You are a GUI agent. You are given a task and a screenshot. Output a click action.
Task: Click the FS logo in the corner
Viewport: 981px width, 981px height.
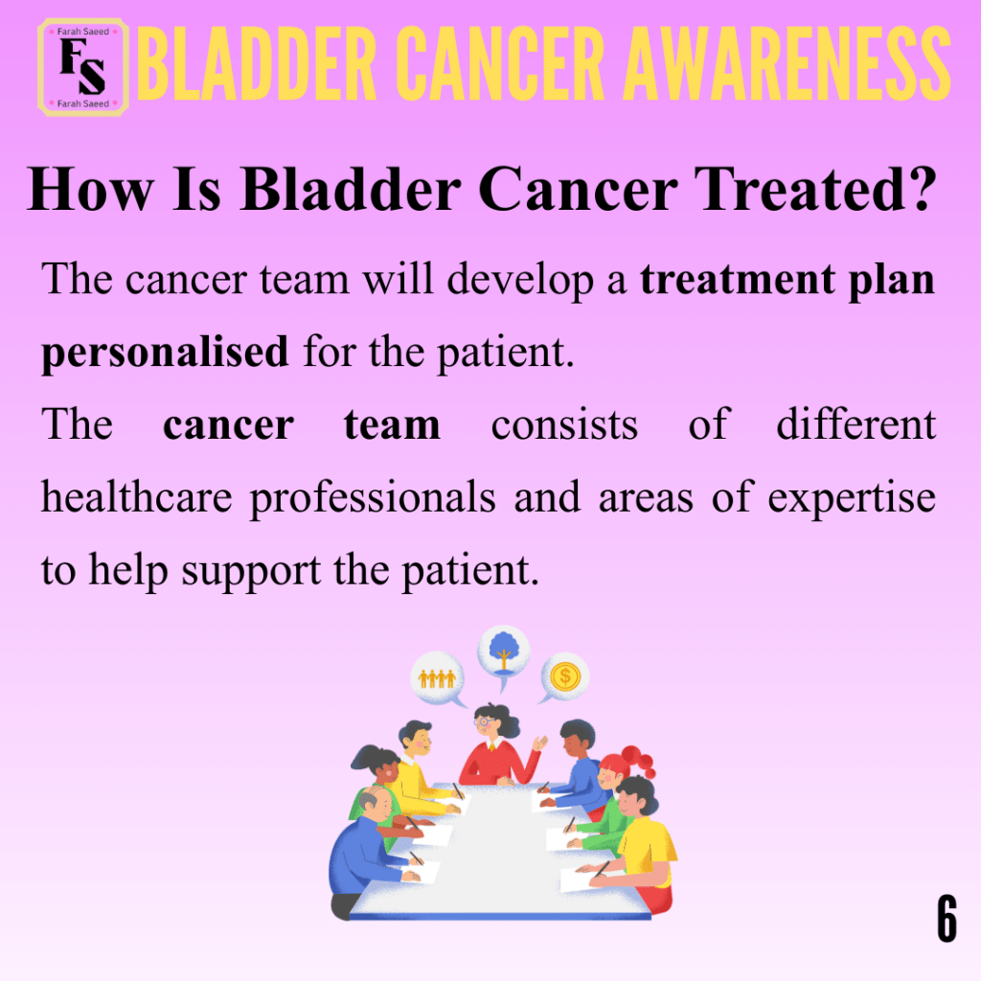83,68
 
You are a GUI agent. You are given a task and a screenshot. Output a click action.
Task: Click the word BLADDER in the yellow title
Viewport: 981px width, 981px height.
257,64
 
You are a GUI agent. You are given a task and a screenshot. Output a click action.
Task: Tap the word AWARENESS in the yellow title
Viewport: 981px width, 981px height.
787,64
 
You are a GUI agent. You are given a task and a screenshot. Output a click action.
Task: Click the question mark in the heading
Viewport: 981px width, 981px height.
919,189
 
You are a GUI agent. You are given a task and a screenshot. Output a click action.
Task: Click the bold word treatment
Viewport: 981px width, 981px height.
737,280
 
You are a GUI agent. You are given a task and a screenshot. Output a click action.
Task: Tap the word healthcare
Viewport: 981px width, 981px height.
136,496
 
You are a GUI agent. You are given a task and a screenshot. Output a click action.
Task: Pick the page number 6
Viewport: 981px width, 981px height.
947,918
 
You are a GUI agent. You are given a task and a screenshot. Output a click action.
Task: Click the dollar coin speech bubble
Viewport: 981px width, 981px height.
564,676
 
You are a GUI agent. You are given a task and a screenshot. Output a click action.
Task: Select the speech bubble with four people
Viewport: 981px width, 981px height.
437,678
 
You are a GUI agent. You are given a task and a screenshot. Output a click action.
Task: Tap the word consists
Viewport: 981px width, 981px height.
564,425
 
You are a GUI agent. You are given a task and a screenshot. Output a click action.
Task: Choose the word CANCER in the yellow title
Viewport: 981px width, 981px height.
500,64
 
